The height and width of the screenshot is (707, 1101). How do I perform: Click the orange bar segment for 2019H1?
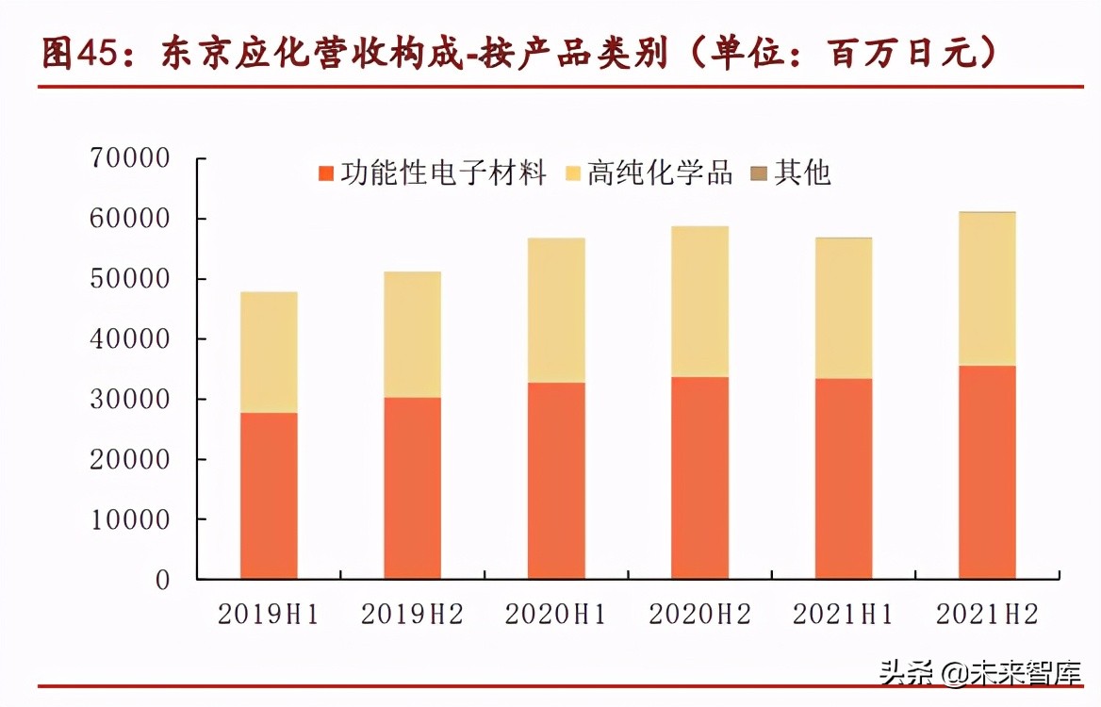(x=269, y=495)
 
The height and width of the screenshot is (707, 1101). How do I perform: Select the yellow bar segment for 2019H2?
(x=412, y=335)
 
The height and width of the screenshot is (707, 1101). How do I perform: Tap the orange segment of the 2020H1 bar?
(x=556, y=481)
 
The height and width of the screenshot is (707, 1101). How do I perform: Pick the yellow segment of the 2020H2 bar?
(x=699, y=302)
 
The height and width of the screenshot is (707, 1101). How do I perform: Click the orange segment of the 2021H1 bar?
(x=844, y=479)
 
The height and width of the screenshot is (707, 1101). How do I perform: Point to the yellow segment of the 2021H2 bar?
(x=987, y=289)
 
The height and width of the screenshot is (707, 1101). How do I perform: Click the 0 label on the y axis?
(x=162, y=580)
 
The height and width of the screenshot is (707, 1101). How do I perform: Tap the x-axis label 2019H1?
(x=269, y=615)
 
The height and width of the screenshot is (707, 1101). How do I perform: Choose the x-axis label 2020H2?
(x=699, y=615)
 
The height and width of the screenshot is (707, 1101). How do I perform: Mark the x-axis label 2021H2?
(x=987, y=615)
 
